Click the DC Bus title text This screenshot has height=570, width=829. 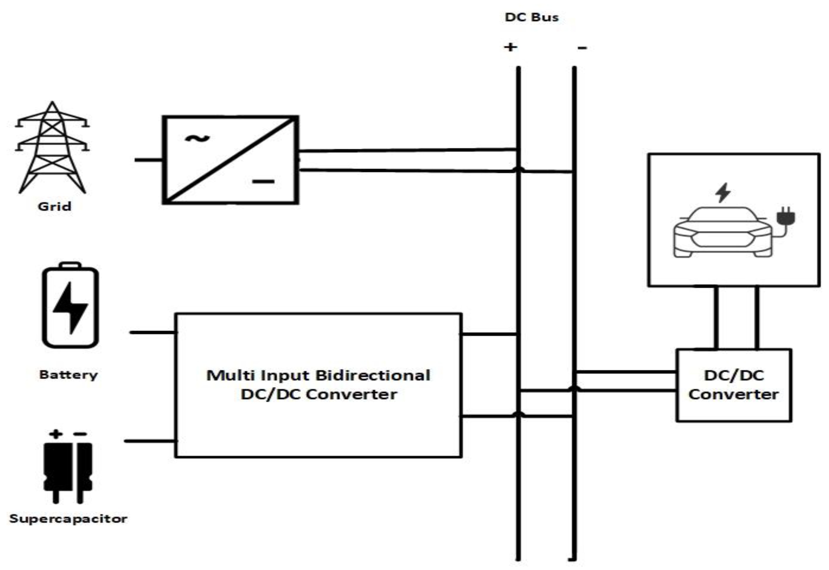pos(531,17)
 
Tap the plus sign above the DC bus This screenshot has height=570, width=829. pos(510,47)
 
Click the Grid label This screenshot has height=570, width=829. pos(54,206)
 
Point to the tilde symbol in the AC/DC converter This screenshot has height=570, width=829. pos(197,139)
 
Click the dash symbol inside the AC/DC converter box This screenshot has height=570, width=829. pos(263,181)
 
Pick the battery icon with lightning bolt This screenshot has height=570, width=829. pos(70,305)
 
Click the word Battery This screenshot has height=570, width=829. pos(68,375)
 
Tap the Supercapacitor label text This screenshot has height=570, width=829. pos(68,518)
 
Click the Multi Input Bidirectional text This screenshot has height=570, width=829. pos(318,375)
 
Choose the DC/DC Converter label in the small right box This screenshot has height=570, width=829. pos(733,385)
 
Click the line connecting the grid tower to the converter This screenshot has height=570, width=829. pos(148,160)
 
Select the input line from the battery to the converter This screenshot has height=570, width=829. pos(153,332)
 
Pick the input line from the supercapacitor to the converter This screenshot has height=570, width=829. pos(150,441)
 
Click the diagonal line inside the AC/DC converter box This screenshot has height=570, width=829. pos(230,160)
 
